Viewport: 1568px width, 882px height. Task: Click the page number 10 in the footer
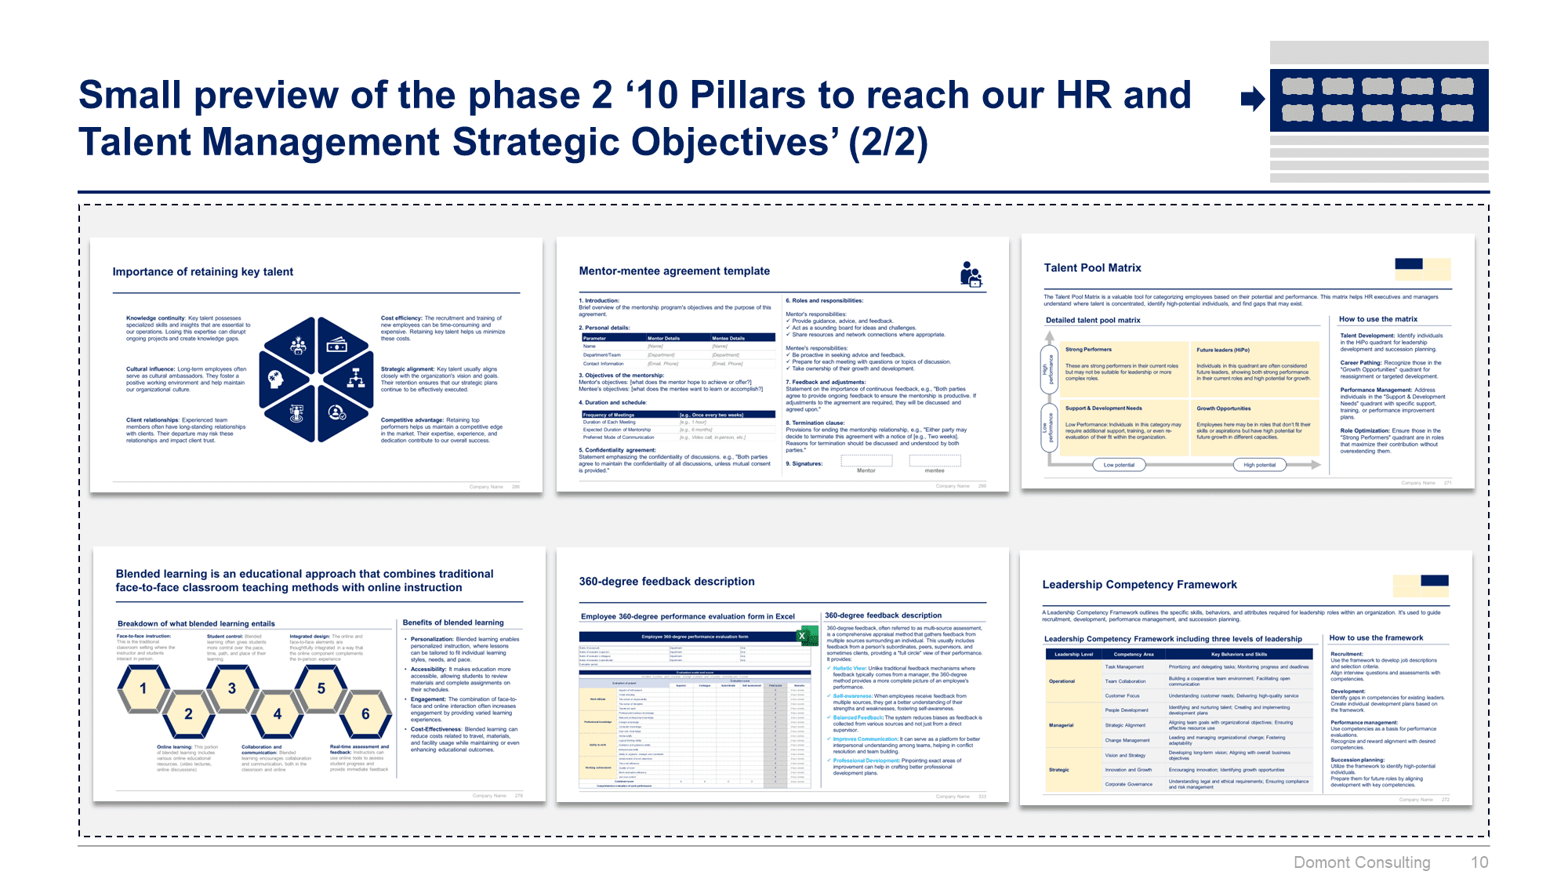1479,862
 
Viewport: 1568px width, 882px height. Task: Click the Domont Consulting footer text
1362,862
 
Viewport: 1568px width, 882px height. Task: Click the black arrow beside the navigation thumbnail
1252,99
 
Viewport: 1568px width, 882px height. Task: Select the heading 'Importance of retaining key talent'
203,272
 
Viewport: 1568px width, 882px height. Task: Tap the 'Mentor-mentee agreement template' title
674,271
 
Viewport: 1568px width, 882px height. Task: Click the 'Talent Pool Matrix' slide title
1092,268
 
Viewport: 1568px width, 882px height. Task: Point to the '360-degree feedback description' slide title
666,582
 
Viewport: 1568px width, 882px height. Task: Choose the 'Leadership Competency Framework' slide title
1139,585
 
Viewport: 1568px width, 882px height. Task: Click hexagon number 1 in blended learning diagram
143,688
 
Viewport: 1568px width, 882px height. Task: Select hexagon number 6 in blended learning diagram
365,713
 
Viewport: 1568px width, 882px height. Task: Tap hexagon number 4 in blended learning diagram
277,713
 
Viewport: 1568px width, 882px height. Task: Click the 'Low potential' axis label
1119,465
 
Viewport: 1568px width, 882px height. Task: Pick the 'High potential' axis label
1259,465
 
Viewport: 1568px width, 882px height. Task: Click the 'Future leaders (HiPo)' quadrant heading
1223,350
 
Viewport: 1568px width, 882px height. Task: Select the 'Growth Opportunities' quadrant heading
1223,408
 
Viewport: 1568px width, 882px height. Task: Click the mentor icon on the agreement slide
971,274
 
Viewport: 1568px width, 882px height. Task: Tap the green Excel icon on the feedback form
804,636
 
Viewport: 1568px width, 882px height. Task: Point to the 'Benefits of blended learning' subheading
453,622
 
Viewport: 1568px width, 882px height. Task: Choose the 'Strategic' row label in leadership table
1059,770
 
